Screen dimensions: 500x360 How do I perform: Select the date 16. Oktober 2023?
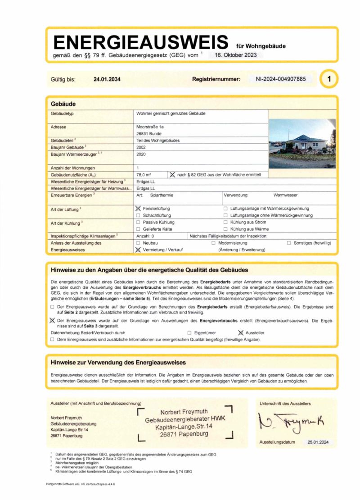point(235,55)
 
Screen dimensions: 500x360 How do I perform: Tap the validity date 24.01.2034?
point(107,79)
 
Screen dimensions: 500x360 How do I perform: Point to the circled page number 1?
point(329,79)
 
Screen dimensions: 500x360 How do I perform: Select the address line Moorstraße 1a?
point(150,127)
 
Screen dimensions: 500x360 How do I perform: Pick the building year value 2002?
point(141,147)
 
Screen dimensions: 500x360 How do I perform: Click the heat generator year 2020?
point(141,154)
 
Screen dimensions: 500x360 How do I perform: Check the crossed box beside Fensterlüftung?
point(138,209)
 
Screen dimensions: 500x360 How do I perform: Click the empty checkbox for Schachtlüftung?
point(138,216)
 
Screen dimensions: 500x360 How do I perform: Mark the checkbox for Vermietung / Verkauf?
point(138,250)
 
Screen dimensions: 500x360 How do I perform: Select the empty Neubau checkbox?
point(138,243)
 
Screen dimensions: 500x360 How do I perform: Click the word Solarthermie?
point(162,195)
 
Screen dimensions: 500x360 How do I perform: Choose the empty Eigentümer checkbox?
point(189,332)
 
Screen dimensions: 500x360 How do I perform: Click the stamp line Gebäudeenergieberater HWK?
point(185,420)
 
